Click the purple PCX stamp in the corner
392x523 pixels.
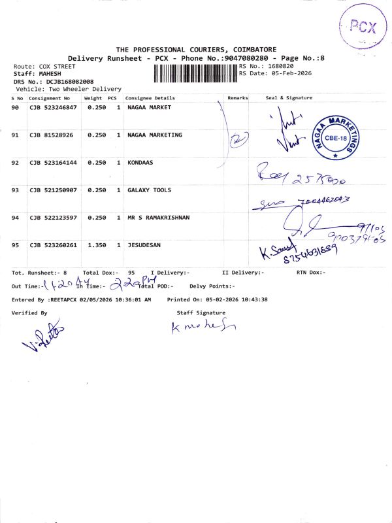361,27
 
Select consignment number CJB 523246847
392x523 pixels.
53,107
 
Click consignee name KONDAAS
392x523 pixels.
140,162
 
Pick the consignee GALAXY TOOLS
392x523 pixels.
149,190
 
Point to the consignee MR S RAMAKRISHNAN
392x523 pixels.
158,218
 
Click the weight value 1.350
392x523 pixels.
96,245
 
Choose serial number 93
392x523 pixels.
16,190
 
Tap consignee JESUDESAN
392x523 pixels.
144,245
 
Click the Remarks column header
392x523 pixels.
237,97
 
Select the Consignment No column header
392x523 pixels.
49,97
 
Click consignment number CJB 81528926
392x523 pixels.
51,135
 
